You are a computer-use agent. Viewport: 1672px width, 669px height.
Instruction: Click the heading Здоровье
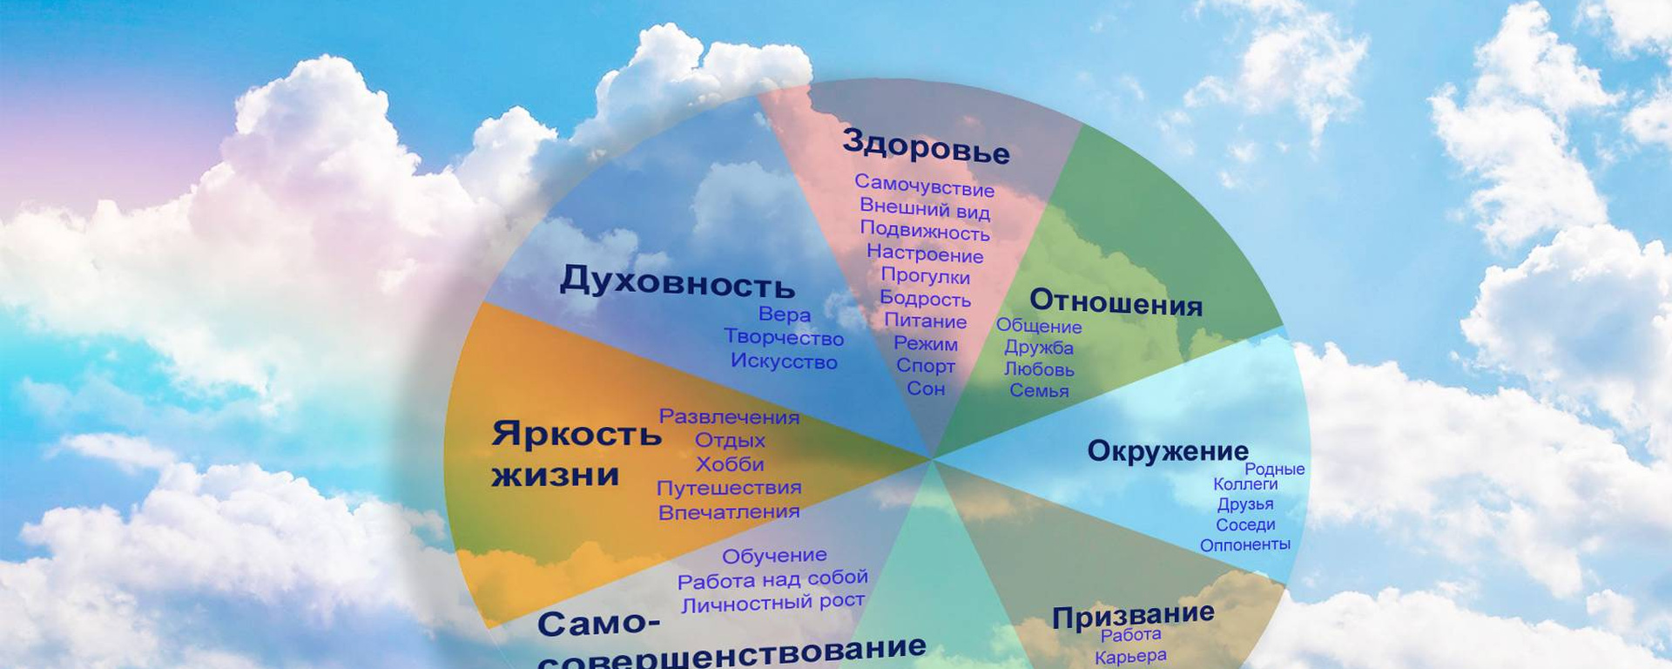[x=926, y=146]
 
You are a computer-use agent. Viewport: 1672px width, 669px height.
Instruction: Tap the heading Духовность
[x=677, y=281]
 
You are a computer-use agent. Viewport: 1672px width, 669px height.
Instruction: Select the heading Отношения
[x=1116, y=301]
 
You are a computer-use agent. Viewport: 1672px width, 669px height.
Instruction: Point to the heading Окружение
[x=1168, y=451]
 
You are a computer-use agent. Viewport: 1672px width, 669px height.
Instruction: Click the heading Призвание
[x=1133, y=615]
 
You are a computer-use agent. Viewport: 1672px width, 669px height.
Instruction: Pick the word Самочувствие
[x=924, y=186]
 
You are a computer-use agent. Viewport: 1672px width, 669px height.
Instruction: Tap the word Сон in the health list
[x=926, y=389]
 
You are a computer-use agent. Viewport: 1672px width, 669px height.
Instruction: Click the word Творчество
[x=784, y=338]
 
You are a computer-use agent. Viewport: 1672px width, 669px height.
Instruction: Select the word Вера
[x=784, y=314]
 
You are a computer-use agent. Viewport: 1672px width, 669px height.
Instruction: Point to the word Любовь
[x=1039, y=369]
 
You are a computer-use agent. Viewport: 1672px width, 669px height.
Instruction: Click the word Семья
[x=1039, y=390]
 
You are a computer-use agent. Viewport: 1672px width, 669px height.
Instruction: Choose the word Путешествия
[x=729, y=489]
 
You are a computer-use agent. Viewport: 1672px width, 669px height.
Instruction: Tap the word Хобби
[x=730, y=464]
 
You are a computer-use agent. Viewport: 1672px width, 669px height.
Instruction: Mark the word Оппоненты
[x=1245, y=545]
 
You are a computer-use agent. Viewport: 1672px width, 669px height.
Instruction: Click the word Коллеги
[x=1245, y=484]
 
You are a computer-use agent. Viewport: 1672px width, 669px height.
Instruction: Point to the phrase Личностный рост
[x=773, y=603]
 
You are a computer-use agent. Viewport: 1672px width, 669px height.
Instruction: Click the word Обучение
[x=774, y=556]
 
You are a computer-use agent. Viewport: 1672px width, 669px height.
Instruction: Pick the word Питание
[x=925, y=321]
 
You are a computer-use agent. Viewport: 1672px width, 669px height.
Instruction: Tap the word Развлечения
[x=729, y=417]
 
